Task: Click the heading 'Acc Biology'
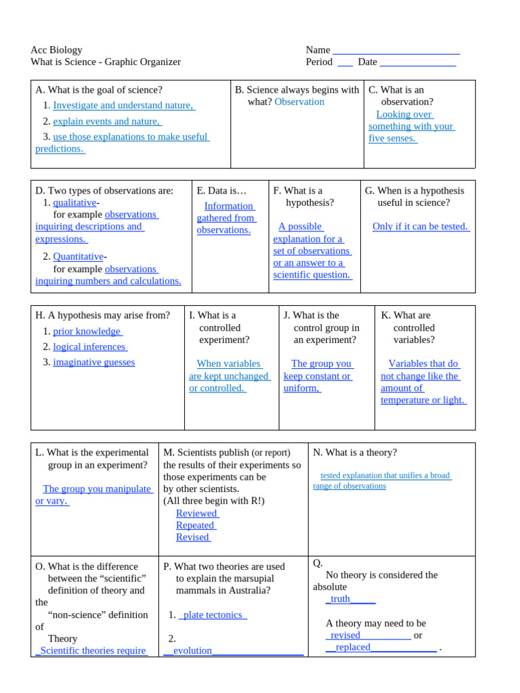point(56,49)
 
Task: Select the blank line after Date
point(418,63)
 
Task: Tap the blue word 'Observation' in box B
point(299,102)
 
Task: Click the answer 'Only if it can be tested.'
point(420,226)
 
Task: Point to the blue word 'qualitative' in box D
point(74,202)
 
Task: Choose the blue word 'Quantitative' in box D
point(78,256)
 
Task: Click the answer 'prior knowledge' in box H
point(87,331)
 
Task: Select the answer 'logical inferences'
point(89,346)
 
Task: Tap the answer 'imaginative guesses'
point(93,362)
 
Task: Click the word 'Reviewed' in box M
point(196,513)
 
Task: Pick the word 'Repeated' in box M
point(195,525)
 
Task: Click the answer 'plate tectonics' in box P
point(213,614)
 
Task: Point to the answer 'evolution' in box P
point(193,650)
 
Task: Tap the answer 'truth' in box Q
point(341,599)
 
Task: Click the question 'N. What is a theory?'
point(355,452)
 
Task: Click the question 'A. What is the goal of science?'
point(99,89)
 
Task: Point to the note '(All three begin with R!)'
point(214,501)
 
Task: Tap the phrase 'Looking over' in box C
point(404,114)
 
